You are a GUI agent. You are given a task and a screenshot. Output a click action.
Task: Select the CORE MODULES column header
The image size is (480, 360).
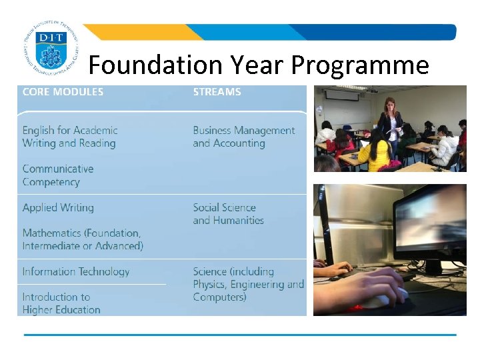coord(63,92)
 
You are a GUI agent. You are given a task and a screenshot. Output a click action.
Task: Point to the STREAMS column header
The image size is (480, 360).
coord(217,92)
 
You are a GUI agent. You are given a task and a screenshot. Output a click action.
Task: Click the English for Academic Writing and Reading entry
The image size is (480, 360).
coord(69,137)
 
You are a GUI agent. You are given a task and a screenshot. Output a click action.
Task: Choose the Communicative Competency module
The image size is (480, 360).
coord(57,175)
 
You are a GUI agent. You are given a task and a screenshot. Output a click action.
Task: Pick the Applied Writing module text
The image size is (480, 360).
coord(58,207)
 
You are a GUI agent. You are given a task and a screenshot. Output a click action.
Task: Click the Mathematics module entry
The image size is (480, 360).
coord(82,239)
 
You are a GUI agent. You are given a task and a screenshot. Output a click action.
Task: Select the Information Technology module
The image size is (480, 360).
coord(75,271)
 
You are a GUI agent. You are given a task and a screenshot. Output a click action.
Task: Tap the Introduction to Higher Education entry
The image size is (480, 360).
coord(61,303)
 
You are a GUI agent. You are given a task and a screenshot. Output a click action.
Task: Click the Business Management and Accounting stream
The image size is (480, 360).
coord(243,137)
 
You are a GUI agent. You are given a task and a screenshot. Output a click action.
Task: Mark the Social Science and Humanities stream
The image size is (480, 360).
coord(228,214)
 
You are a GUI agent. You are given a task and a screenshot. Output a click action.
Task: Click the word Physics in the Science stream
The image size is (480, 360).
coord(209,285)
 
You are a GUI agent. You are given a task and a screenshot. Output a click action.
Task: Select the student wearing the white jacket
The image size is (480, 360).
coord(443,147)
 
